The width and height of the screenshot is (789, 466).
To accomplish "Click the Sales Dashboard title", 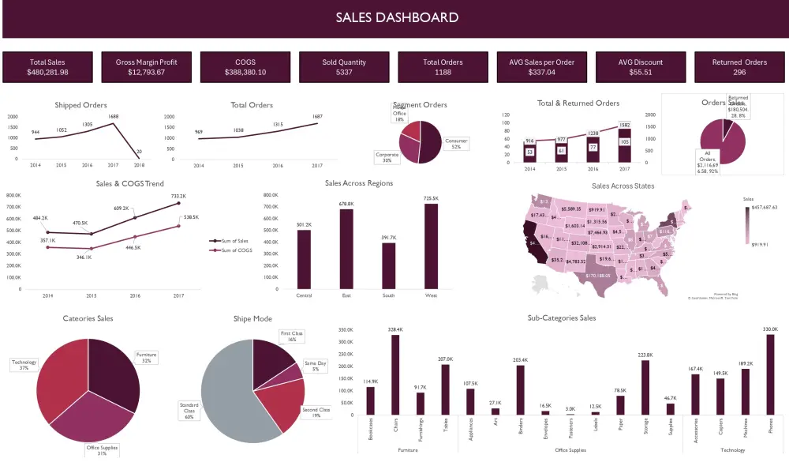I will point(397,17).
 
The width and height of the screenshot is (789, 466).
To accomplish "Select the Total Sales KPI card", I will point(47,67).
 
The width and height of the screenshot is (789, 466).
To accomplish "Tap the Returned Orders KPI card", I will point(739,67).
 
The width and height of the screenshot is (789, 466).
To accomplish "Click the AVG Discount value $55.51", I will point(640,73).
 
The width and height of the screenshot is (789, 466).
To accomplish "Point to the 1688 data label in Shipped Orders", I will point(113,116).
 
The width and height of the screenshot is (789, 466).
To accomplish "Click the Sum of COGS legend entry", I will point(236,250).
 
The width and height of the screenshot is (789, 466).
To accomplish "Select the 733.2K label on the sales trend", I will point(178,196).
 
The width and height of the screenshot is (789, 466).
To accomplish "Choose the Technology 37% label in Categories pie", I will point(24,365).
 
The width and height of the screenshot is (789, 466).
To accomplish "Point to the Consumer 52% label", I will point(456,144).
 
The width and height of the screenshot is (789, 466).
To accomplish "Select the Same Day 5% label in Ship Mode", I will point(316,366).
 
